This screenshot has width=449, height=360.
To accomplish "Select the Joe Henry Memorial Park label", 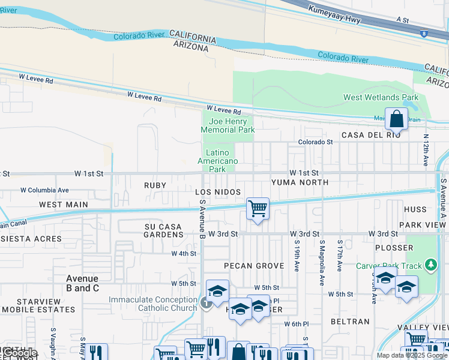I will coord(228,125).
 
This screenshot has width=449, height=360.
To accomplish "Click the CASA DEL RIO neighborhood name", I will coord(370,135).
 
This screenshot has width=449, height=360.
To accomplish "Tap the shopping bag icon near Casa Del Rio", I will coord(396,119).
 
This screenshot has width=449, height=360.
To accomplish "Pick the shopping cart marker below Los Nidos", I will coord(258,209).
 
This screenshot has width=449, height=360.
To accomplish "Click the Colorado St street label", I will coord(316,142).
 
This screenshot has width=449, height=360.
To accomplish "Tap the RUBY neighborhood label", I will coord(154,185).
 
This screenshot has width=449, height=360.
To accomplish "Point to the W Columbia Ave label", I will coord(44,190).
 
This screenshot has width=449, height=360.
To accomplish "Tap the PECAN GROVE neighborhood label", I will coord(253,265).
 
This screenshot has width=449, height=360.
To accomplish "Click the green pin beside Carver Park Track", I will coord(430,265).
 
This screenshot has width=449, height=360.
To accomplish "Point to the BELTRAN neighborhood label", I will coord(350,322).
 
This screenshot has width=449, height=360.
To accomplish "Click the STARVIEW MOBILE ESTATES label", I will coord(38,305).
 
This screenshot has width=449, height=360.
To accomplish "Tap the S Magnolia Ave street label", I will coord(322,254).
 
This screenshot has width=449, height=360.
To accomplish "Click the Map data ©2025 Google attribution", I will coord(412,355).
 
